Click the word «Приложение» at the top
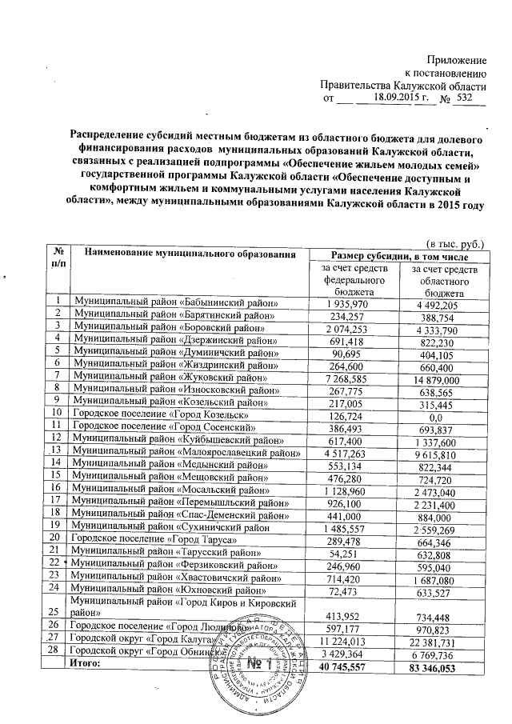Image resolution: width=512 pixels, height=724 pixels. [x=457, y=61]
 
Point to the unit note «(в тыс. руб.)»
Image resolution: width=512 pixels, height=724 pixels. [x=456, y=242]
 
